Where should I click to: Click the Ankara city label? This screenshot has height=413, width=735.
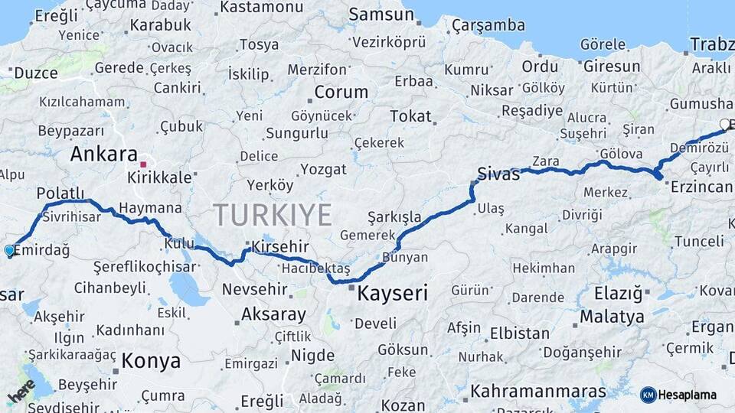tap(104, 154)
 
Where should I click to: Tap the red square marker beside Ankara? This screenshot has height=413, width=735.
tap(143, 163)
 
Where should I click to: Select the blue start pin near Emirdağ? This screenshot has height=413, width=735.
tap(9, 250)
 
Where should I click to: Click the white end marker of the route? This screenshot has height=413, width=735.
tap(725, 124)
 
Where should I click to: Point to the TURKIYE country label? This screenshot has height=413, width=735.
tap(272, 214)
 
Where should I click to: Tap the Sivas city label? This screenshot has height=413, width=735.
tap(498, 174)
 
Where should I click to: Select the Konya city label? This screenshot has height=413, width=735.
tap(151, 361)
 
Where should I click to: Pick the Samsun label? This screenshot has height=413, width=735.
tap(381, 15)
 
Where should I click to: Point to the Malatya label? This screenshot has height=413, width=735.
tap(612, 317)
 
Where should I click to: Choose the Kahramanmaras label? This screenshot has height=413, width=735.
tap(538, 392)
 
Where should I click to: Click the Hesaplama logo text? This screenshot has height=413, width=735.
tap(687, 395)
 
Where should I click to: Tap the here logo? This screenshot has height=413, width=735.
tap(21, 391)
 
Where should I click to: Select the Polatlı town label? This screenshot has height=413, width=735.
tap(60, 193)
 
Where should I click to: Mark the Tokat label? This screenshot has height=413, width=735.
tap(410, 116)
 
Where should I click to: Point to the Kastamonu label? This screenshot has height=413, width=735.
tap(261, 8)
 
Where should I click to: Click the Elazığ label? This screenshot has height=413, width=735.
tap(619, 294)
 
